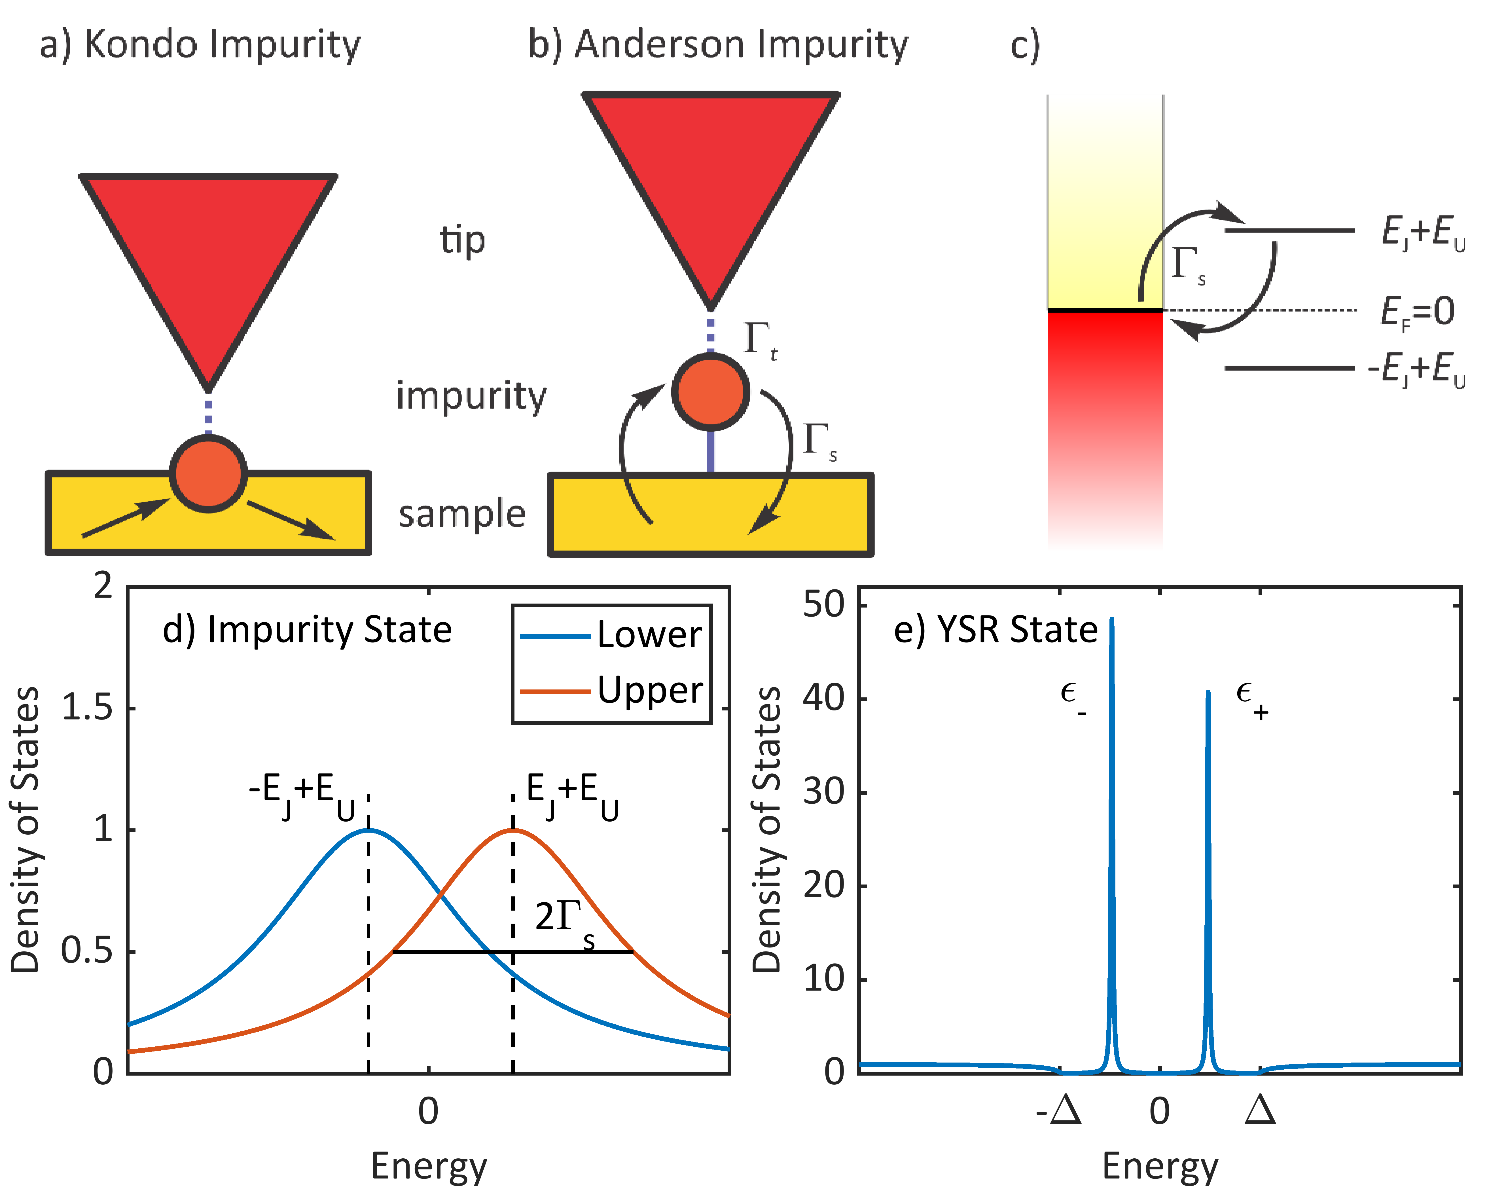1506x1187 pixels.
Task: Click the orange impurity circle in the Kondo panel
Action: pos(208,473)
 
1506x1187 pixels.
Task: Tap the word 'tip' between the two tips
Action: pos(462,240)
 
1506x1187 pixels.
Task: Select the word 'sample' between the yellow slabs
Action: pos(461,514)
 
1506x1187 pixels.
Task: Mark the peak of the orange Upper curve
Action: pos(513,830)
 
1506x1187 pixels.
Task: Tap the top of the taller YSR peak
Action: pos(1111,620)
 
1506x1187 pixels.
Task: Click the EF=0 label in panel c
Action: pos(1416,311)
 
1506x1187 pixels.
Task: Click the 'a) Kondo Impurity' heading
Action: pos(200,45)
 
